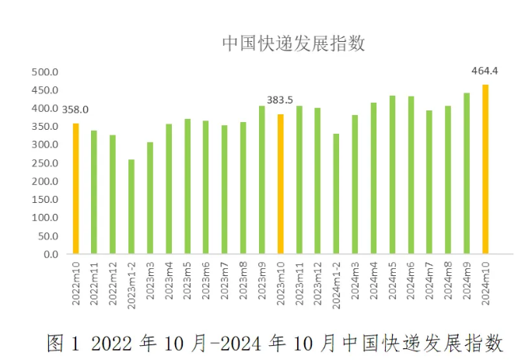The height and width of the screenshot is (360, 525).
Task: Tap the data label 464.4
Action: (x=485, y=71)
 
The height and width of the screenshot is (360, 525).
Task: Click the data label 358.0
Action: (x=75, y=110)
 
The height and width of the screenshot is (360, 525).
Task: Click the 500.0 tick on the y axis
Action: (x=45, y=72)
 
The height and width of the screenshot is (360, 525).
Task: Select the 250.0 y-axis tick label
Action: (x=45, y=163)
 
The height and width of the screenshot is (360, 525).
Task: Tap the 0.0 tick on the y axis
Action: (x=50, y=254)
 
